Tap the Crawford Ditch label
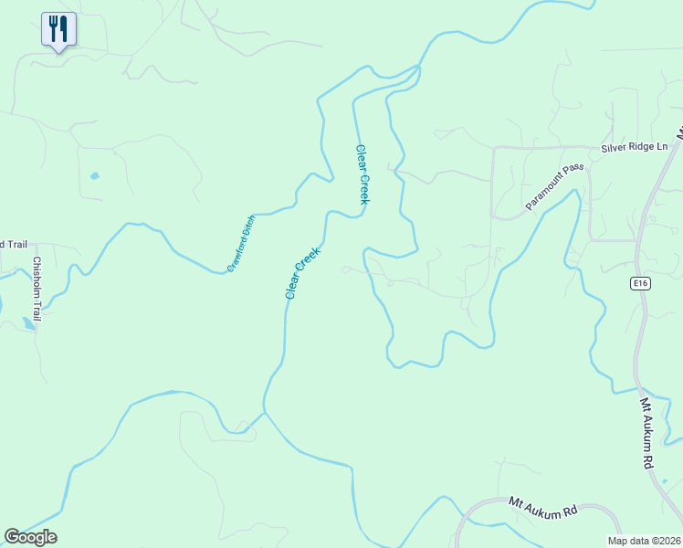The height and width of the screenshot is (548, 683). pyautogui.click(x=242, y=243)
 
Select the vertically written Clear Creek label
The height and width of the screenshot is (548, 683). pyautogui.click(x=362, y=174)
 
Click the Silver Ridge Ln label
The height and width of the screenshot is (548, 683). pyautogui.click(x=635, y=147)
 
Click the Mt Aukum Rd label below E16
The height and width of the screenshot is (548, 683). pyautogui.click(x=647, y=432)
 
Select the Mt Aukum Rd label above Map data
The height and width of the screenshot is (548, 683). pyautogui.click(x=544, y=507)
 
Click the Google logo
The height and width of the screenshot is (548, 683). pyautogui.click(x=30, y=537)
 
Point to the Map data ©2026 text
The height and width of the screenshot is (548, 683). pyautogui.click(x=644, y=541)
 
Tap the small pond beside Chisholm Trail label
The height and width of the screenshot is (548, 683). pyautogui.click(x=28, y=322)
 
